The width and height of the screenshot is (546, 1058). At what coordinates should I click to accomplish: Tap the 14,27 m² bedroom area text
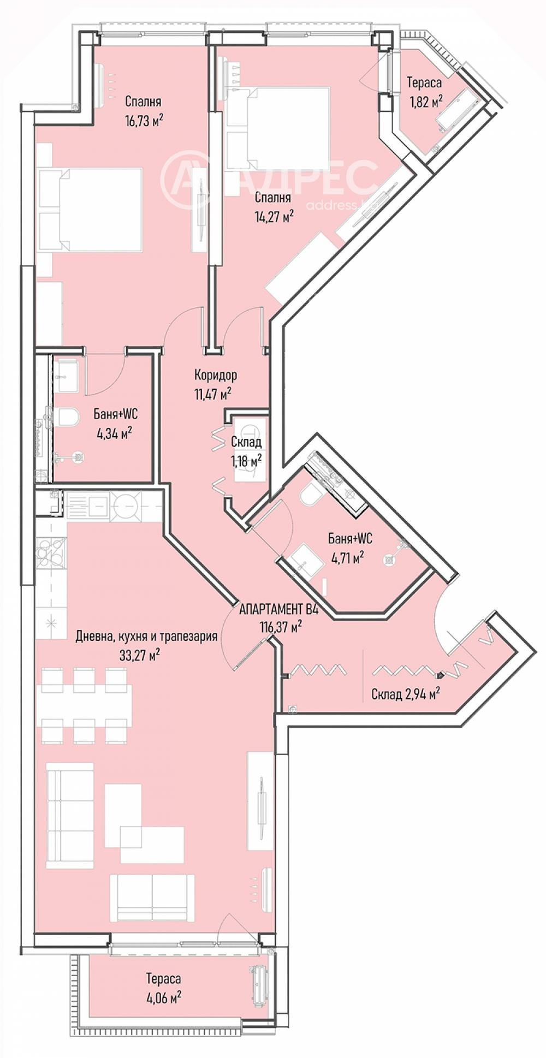point(274,216)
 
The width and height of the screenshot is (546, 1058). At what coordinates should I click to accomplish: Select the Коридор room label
point(216,375)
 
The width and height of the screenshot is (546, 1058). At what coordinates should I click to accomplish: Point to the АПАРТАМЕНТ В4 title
point(279,609)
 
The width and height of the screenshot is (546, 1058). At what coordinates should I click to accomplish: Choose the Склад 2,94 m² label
point(406,694)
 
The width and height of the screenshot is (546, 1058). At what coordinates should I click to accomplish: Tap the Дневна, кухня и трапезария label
point(146,636)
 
